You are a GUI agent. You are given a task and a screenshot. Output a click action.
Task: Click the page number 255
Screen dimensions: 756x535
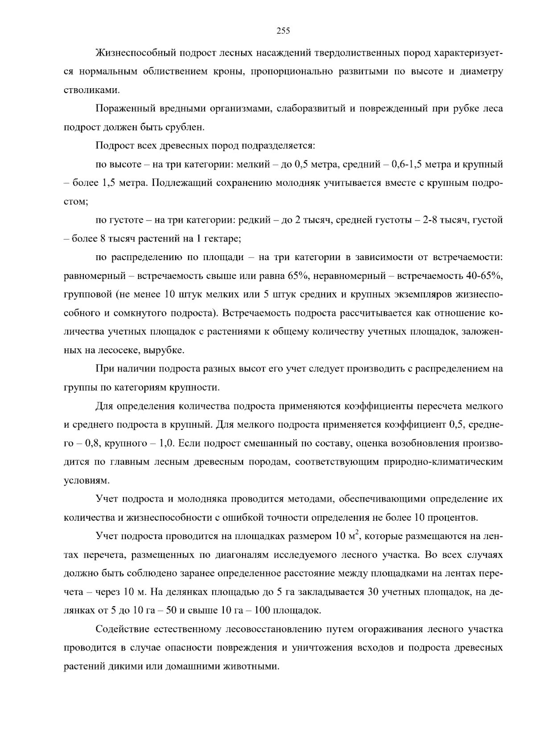(x=283, y=31)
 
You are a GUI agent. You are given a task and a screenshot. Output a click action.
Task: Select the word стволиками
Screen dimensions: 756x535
(x=86, y=90)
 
